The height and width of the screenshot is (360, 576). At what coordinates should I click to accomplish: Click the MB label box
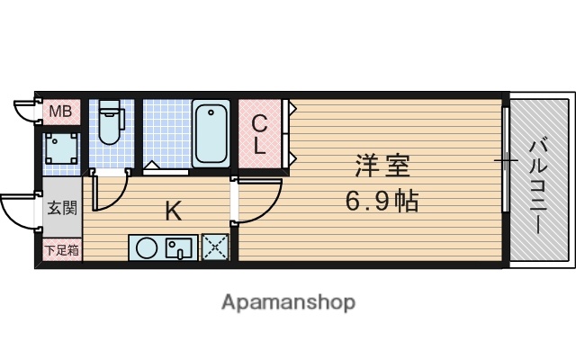59,112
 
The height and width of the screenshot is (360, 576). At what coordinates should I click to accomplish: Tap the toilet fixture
111,123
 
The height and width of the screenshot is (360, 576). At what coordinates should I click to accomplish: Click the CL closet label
259,134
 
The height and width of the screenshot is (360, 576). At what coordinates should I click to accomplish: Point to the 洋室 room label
382,166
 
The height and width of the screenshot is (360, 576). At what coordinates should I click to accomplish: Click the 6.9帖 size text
382,200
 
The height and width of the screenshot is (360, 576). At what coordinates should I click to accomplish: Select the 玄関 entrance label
61,209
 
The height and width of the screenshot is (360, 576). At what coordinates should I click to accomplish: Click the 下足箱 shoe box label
61,250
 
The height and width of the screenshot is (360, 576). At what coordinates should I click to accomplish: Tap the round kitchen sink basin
145,247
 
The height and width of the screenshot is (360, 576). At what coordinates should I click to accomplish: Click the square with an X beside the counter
215,247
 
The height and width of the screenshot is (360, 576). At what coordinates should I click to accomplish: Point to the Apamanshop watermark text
288,301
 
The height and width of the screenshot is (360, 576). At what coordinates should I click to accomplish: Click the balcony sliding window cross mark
506,161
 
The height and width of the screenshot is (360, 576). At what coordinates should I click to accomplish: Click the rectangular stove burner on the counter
179,247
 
